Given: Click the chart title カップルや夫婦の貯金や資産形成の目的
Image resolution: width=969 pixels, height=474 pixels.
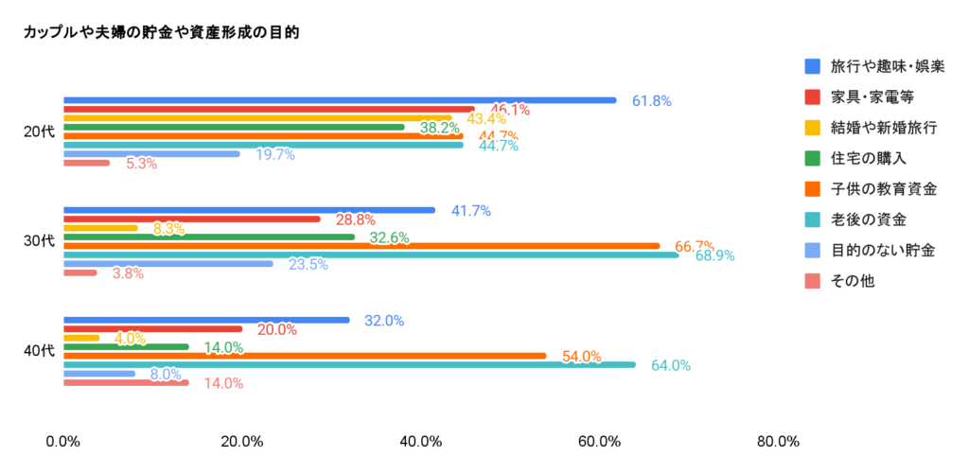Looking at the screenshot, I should pos(161,32).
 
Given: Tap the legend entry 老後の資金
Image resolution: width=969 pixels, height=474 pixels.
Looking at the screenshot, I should pos(868,219).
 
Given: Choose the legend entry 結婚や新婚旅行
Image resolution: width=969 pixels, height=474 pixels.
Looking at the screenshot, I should pos(874,128).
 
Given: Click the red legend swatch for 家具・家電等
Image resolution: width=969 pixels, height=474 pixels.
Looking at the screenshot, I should pos(812,97).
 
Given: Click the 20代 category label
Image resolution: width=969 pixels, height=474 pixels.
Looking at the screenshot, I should pos(39,132).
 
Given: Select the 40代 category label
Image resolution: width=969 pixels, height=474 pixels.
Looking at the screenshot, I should pos(39,351).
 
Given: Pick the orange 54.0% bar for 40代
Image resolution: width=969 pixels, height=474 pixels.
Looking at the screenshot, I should pos(304,356).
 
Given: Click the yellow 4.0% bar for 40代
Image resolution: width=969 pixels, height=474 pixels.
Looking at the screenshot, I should pos(81,338).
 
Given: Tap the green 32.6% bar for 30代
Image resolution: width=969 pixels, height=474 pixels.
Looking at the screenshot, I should pos(208,237).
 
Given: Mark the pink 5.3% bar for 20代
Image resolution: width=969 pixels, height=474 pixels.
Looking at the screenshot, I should pos(86,163).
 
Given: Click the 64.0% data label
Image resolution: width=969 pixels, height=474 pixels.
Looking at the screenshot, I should pos(671,365).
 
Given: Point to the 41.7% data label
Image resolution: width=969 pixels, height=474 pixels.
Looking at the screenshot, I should pos(470,211).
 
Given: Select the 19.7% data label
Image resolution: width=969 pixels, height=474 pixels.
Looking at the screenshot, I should pos(275,154).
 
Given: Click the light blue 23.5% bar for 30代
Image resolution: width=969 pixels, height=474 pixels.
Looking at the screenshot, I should pos(167,264).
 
